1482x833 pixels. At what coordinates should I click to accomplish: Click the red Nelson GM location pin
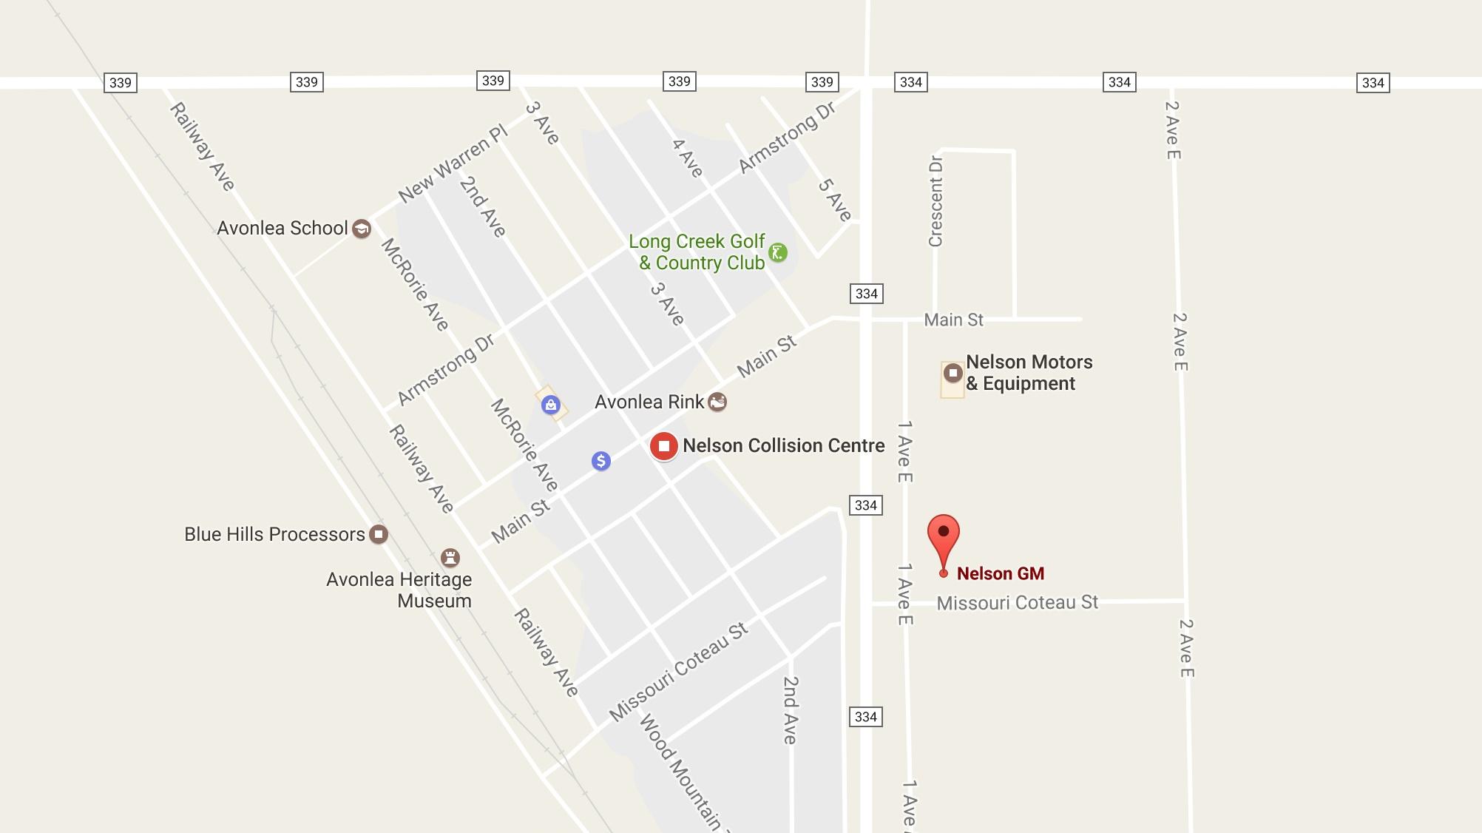pyautogui.click(x=943, y=536)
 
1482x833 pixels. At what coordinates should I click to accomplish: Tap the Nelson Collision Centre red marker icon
pyautogui.click(x=664, y=446)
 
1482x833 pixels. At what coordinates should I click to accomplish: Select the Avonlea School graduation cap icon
pyautogui.click(x=362, y=229)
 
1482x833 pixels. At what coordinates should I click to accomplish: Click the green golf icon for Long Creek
pyautogui.click(x=777, y=253)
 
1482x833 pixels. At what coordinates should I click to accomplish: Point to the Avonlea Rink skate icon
pyautogui.click(x=717, y=402)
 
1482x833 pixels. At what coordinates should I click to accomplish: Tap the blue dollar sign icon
pyautogui.click(x=601, y=462)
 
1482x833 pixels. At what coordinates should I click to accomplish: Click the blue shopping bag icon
pyautogui.click(x=550, y=405)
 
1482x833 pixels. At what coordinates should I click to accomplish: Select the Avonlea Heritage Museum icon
pyautogui.click(x=450, y=557)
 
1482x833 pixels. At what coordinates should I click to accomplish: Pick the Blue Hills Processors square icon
pyautogui.click(x=379, y=534)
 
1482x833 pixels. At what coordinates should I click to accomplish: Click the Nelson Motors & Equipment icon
pyautogui.click(x=953, y=373)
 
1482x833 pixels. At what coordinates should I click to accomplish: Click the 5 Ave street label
pyautogui.click(x=834, y=200)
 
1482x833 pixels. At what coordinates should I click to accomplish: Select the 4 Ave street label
pyautogui.click(x=687, y=158)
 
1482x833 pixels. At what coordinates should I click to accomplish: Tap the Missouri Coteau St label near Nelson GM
pyautogui.click(x=1017, y=603)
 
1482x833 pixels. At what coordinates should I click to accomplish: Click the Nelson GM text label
pyautogui.click(x=1001, y=573)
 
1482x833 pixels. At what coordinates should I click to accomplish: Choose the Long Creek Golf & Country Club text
pyautogui.click(x=697, y=252)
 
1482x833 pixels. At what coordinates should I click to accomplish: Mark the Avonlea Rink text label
pyautogui.click(x=649, y=402)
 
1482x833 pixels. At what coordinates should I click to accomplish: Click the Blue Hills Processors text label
pyautogui.click(x=274, y=534)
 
